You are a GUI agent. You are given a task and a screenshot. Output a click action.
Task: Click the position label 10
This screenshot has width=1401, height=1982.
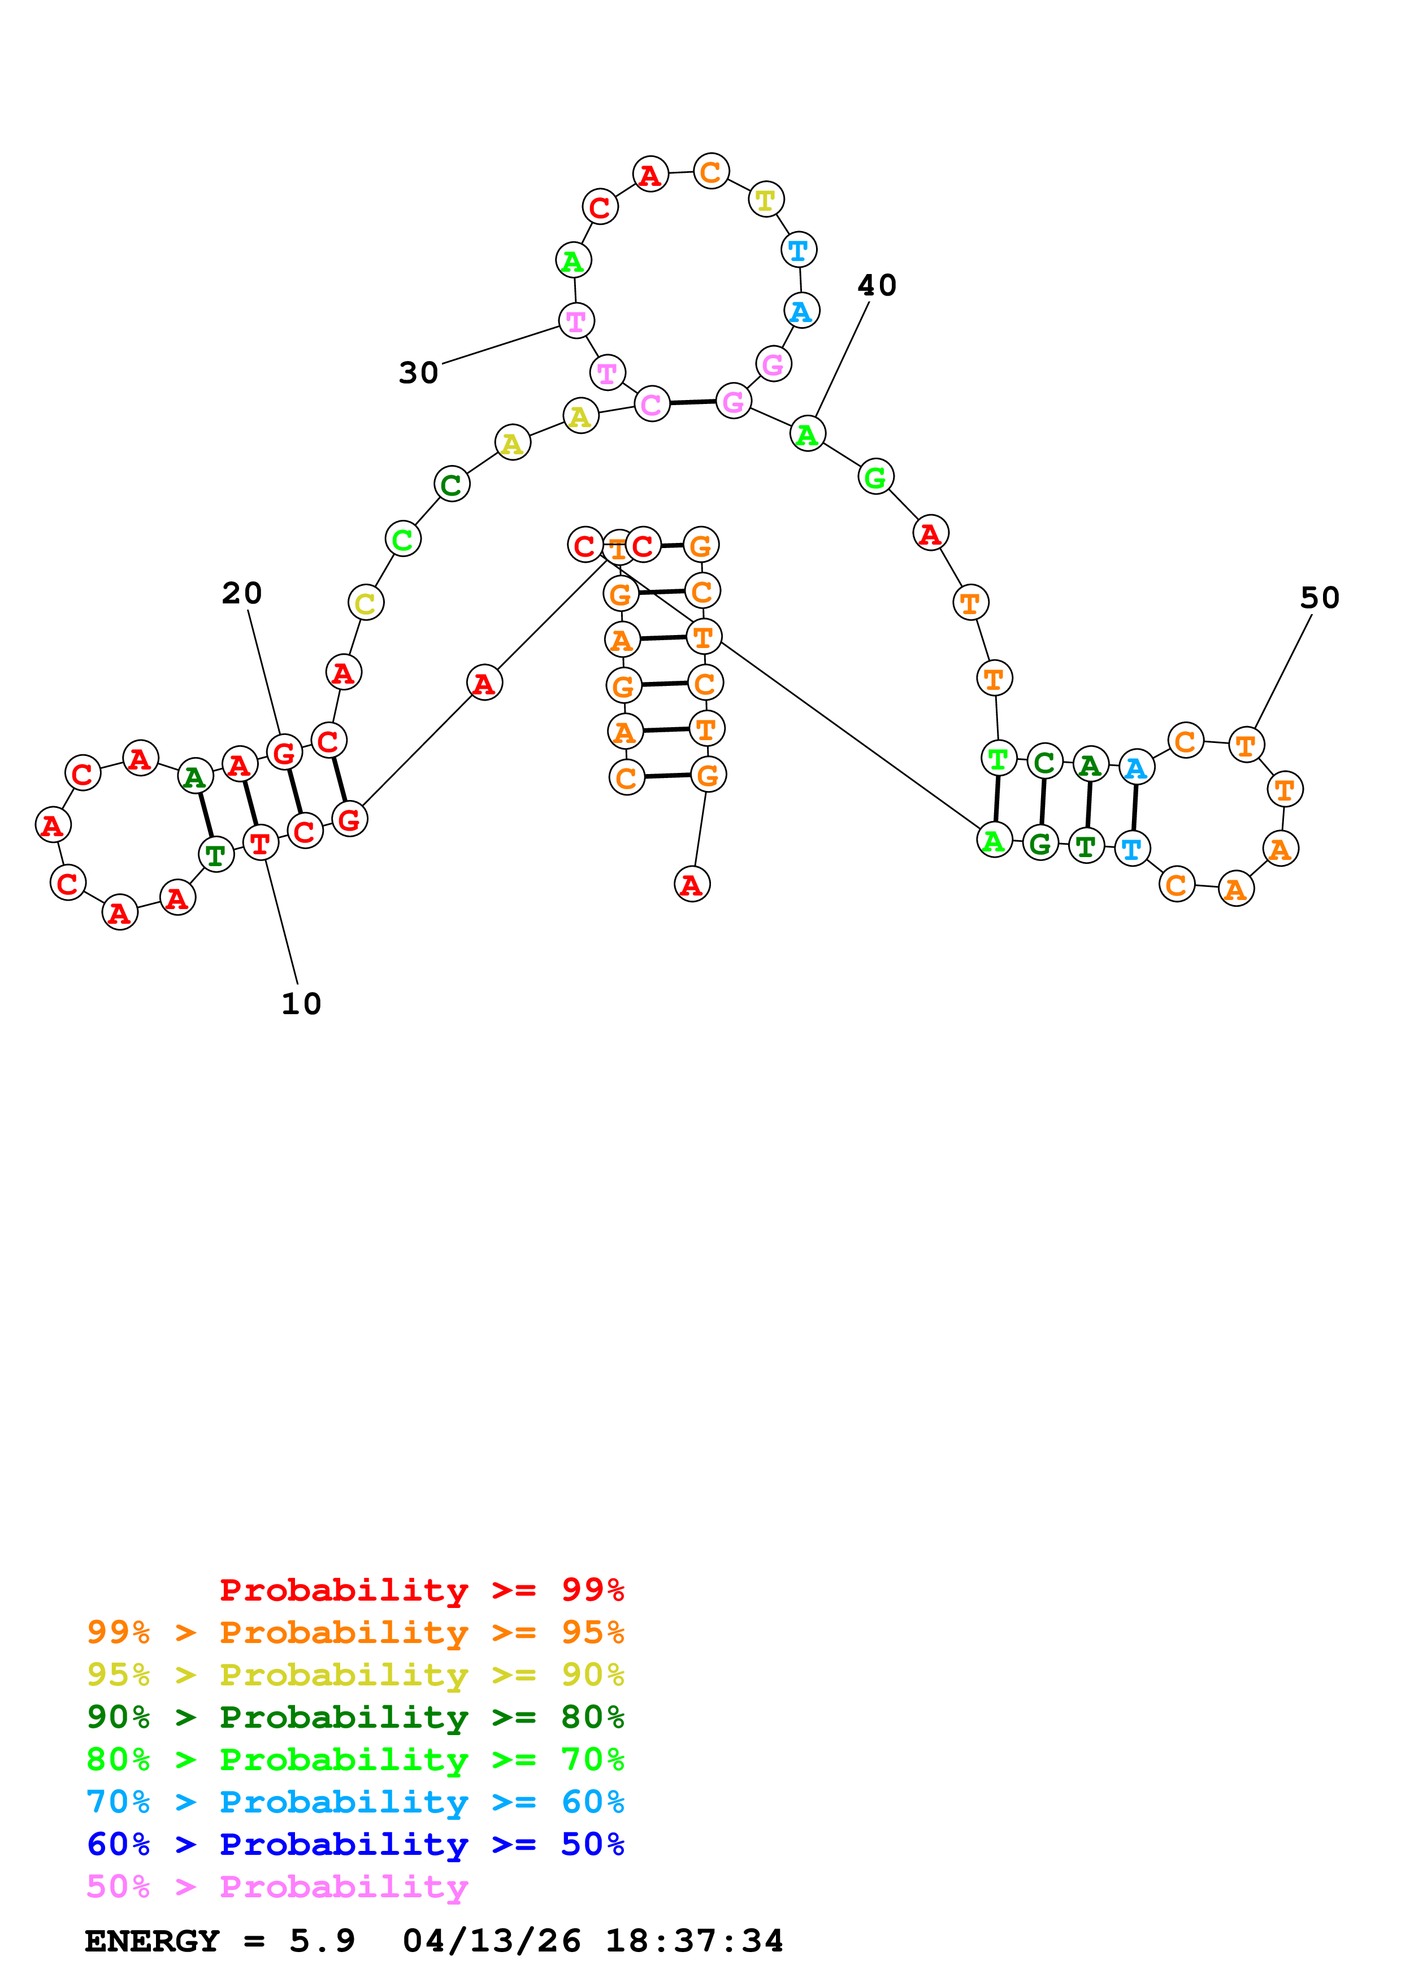click(301, 1004)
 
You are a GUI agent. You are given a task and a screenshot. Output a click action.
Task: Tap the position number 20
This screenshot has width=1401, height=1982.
click(242, 594)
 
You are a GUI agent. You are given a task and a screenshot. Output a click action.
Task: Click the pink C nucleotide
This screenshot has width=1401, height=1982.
click(652, 404)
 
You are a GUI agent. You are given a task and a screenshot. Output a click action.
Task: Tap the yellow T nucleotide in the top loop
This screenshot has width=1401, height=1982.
click(766, 200)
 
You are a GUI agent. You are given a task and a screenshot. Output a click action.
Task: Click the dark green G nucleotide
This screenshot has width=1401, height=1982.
click(1040, 844)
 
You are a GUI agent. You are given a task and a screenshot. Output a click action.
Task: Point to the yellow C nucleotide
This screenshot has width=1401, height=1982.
click(366, 602)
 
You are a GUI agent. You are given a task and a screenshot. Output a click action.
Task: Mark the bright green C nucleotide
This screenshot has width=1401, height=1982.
click(402, 540)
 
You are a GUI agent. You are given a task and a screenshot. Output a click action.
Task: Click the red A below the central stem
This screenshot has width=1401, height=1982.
click(691, 885)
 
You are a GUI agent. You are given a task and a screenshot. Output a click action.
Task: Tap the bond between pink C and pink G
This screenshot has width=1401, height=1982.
click(692, 402)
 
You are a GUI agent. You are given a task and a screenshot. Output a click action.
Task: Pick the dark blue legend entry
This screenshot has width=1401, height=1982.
click(355, 1844)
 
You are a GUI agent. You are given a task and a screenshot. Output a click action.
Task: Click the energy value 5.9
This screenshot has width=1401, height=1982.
click(322, 1941)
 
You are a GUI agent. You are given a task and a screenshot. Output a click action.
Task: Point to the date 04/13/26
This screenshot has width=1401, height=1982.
click(491, 1941)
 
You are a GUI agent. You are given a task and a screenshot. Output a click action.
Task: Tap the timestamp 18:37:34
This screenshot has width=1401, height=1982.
click(694, 1941)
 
